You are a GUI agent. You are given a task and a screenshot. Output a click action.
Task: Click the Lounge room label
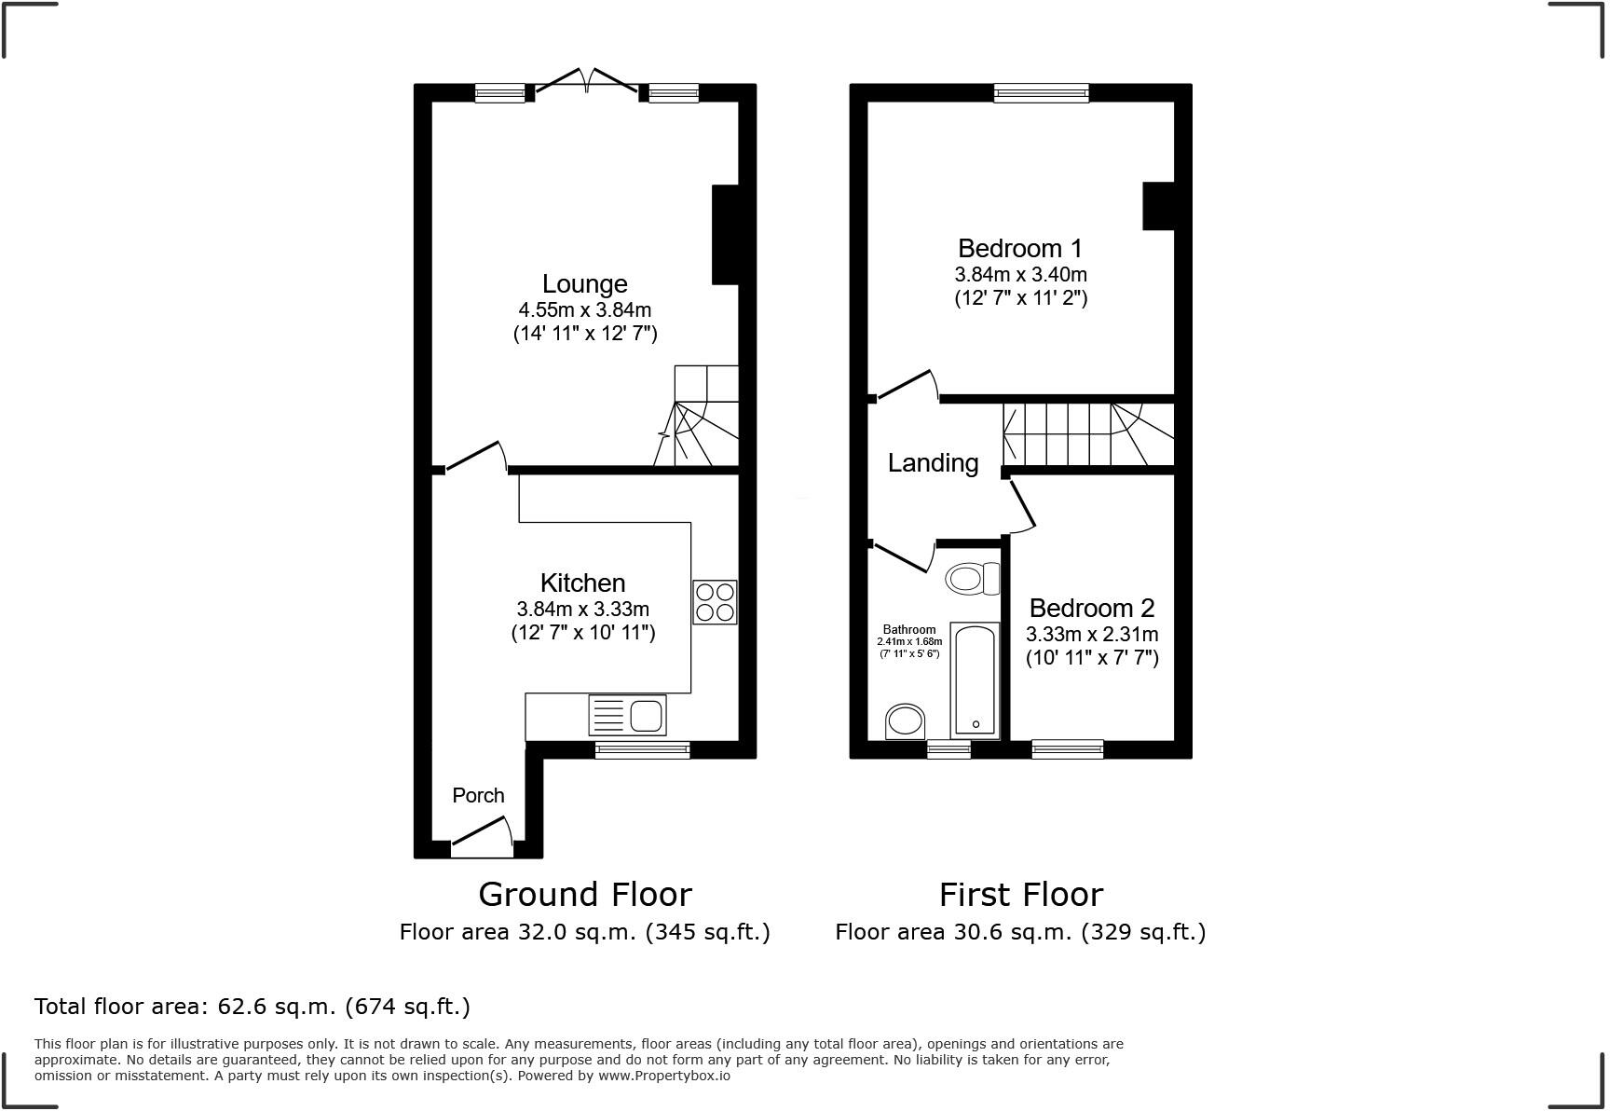pyautogui.click(x=585, y=283)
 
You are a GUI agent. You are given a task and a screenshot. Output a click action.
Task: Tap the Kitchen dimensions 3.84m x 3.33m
pyautogui.click(x=582, y=609)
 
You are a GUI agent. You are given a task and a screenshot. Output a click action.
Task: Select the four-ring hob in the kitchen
pyautogui.click(x=715, y=602)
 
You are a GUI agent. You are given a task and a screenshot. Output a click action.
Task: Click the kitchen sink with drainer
pyautogui.click(x=628, y=716)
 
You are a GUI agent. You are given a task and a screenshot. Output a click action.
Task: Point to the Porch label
pyautogui.click(x=478, y=795)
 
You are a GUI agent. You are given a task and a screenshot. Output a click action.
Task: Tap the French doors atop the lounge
pyautogui.click(x=587, y=82)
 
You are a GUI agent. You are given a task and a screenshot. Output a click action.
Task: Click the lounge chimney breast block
pyautogui.click(x=726, y=235)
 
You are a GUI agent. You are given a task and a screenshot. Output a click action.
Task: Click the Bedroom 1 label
pyautogui.click(x=1020, y=248)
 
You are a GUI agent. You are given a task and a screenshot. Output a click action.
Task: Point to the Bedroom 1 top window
pyautogui.click(x=1041, y=92)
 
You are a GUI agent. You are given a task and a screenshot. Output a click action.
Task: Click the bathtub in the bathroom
pyautogui.click(x=975, y=680)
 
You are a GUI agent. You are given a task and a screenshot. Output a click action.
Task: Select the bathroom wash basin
pyautogui.click(x=906, y=721)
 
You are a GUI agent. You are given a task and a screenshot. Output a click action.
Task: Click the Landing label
pyautogui.click(x=933, y=463)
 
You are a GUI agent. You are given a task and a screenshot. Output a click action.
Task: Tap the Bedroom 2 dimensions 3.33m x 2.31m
pyautogui.click(x=1092, y=634)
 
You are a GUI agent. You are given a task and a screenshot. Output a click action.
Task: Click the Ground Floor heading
pyautogui.click(x=585, y=895)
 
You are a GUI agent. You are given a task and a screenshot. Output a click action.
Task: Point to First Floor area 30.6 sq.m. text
pyautogui.click(x=1020, y=932)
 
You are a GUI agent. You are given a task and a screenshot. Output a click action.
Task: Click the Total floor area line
pyautogui.click(x=252, y=1007)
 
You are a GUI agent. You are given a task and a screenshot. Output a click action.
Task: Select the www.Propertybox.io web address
pyautogui.click(x=664, y=1076)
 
